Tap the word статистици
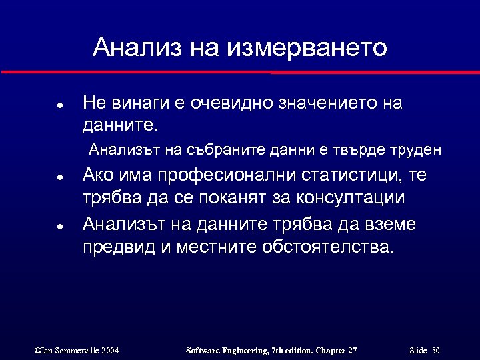point(349,176)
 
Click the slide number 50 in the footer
point(435,350)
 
